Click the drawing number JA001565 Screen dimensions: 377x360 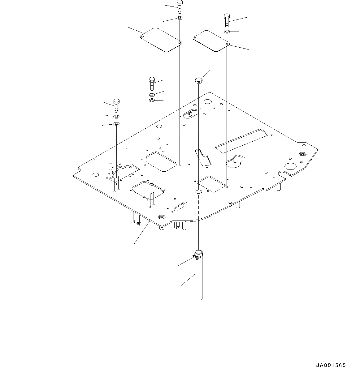click(x=331, y=366)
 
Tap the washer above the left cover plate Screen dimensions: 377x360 click(x=180, y=19)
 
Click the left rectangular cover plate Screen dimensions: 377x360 click(x=161, y=40)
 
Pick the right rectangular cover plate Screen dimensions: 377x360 click(x=210, y=41)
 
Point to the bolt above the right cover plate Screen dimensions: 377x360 click(x=226, y=20)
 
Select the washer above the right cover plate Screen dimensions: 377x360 click(x=227, y=32)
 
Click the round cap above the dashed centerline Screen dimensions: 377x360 click(x=198, y=80)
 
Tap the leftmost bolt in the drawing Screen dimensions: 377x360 click(x=116, y=106)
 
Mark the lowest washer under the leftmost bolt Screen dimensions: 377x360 click(x=116, y=124)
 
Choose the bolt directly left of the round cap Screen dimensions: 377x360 click(x=152, y=84)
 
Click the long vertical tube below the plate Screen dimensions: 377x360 click(x=198, y=278)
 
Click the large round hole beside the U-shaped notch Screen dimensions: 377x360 click(x=291, y=166)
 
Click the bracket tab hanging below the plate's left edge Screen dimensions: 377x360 click(x=136, y=218)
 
